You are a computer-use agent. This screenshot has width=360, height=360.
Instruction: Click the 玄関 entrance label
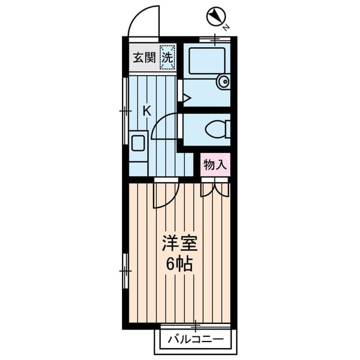(145, 57)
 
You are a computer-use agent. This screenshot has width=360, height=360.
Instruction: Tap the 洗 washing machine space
(168, 57)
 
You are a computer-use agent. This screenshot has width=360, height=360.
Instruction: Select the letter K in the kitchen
(147, 111)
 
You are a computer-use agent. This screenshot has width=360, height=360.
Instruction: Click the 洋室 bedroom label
(179, 243)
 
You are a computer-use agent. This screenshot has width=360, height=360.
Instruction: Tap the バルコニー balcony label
(196, 339)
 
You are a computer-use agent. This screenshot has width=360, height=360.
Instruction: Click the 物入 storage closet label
(215, 165)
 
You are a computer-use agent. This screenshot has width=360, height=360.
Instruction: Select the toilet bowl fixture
(218, 129)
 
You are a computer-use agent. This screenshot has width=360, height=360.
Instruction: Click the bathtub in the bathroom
(207, 61)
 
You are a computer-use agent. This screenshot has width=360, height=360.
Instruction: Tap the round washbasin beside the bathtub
(223, 82)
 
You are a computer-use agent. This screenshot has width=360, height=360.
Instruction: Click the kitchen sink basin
(138, 143)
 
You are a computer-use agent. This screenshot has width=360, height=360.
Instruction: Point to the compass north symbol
(216, 17)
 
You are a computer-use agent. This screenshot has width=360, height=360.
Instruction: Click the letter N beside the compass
(226, 28)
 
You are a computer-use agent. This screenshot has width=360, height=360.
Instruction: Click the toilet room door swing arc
(159, 121)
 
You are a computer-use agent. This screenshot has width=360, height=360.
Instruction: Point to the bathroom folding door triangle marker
(187, 98)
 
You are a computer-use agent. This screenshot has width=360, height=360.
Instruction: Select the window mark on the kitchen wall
(125, 111)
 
